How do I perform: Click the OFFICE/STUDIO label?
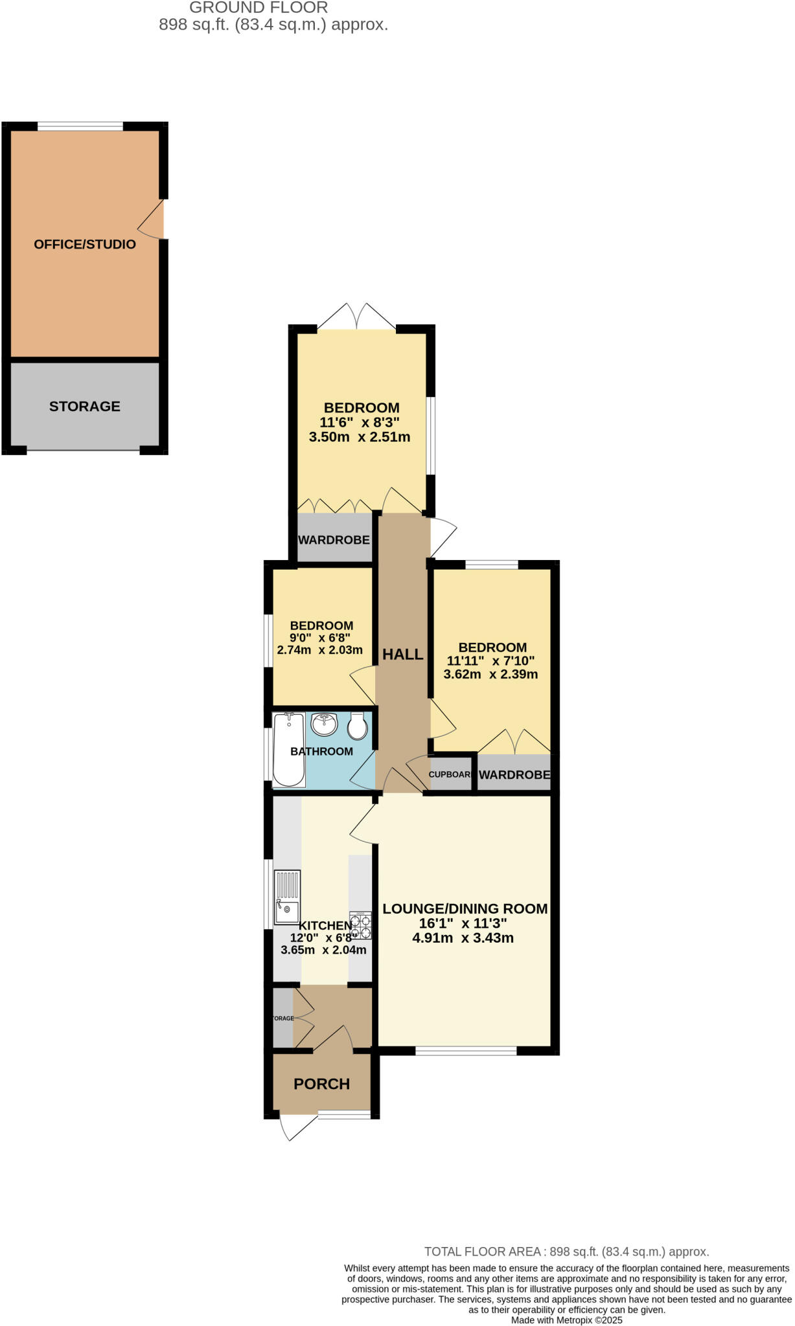pos(85,244)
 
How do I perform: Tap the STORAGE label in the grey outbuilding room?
pos(85,406)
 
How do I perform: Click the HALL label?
pos(402,654)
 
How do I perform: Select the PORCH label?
pos(321,1084)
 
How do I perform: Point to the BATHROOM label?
pos(321,751)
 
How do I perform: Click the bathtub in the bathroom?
pos(289,750)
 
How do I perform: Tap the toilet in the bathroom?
pos(357,726)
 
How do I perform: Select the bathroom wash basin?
pos(324,724)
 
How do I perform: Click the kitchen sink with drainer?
pos(287,897)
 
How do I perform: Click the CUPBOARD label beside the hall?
pos(450,774)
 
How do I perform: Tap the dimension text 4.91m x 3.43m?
pos(463,938)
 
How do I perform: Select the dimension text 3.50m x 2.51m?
pos(360,436)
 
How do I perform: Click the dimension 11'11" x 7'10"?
pos(490,660)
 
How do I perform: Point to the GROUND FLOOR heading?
pos(259,8)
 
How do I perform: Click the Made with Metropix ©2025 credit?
pos(566,1320)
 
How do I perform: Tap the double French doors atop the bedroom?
pos(357,317)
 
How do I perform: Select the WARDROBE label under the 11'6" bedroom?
pos(334,539)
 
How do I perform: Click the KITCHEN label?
pos(325,926)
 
